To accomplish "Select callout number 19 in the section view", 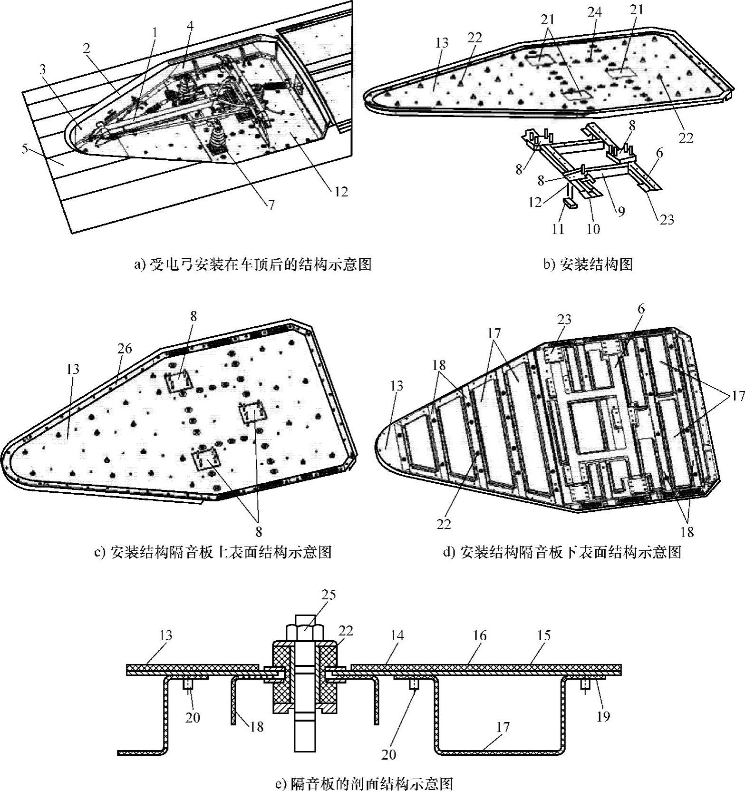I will pos(603,716).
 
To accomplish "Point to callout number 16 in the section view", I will pos(480,635).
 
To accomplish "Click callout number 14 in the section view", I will pos(397,635).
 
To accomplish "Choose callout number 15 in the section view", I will pos(543,635).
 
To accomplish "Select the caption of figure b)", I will pos(588,264).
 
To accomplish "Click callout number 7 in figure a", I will pos(271,205).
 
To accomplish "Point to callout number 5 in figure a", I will pos(25,149).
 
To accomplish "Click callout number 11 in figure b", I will pos(558,229).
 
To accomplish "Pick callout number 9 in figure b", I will pos(621,211).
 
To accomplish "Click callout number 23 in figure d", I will pos(564,319).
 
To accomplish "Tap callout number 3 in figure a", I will pos(43,69).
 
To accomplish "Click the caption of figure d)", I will pos(562,552).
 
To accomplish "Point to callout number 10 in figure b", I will pos(593,229).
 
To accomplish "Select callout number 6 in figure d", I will pos(641,309).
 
